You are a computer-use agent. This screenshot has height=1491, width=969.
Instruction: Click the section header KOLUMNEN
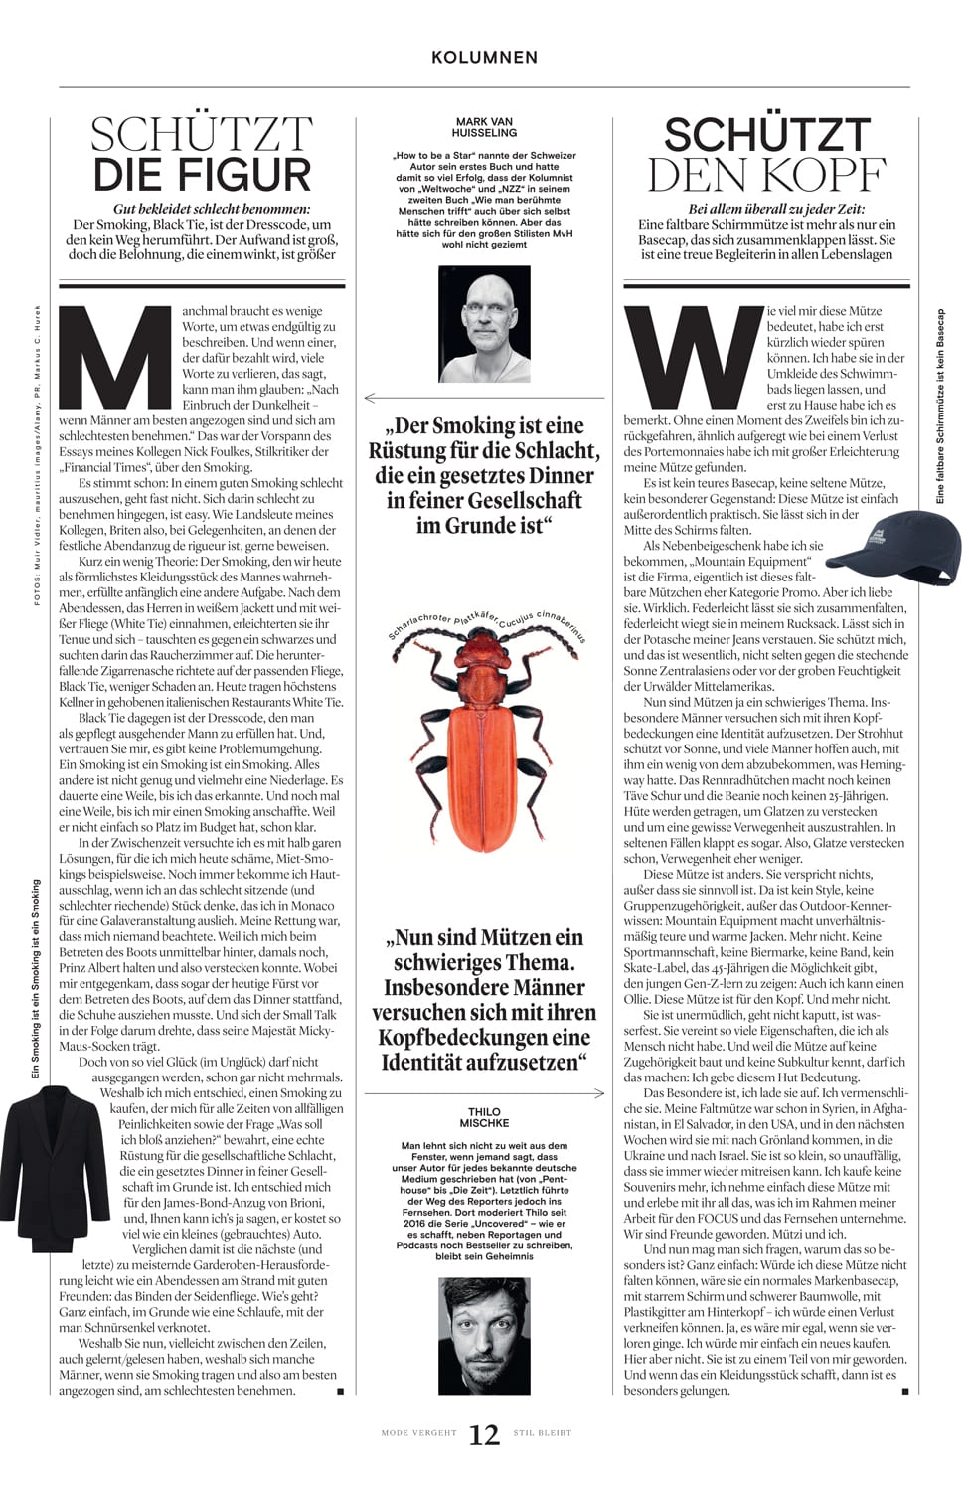point(484,58)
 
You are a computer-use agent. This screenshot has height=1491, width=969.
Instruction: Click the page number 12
point(484,1434)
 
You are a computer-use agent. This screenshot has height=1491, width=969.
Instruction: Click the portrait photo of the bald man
point(484,324)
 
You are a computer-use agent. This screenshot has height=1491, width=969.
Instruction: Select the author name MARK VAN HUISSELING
point(484,127)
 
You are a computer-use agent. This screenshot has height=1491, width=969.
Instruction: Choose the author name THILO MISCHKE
point(484,1117)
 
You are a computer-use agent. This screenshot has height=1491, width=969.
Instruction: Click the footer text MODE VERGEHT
point(419,1433)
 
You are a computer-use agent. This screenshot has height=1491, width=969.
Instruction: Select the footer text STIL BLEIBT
point(543,1433)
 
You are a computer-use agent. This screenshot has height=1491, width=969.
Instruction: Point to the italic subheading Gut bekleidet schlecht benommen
point(212,209)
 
